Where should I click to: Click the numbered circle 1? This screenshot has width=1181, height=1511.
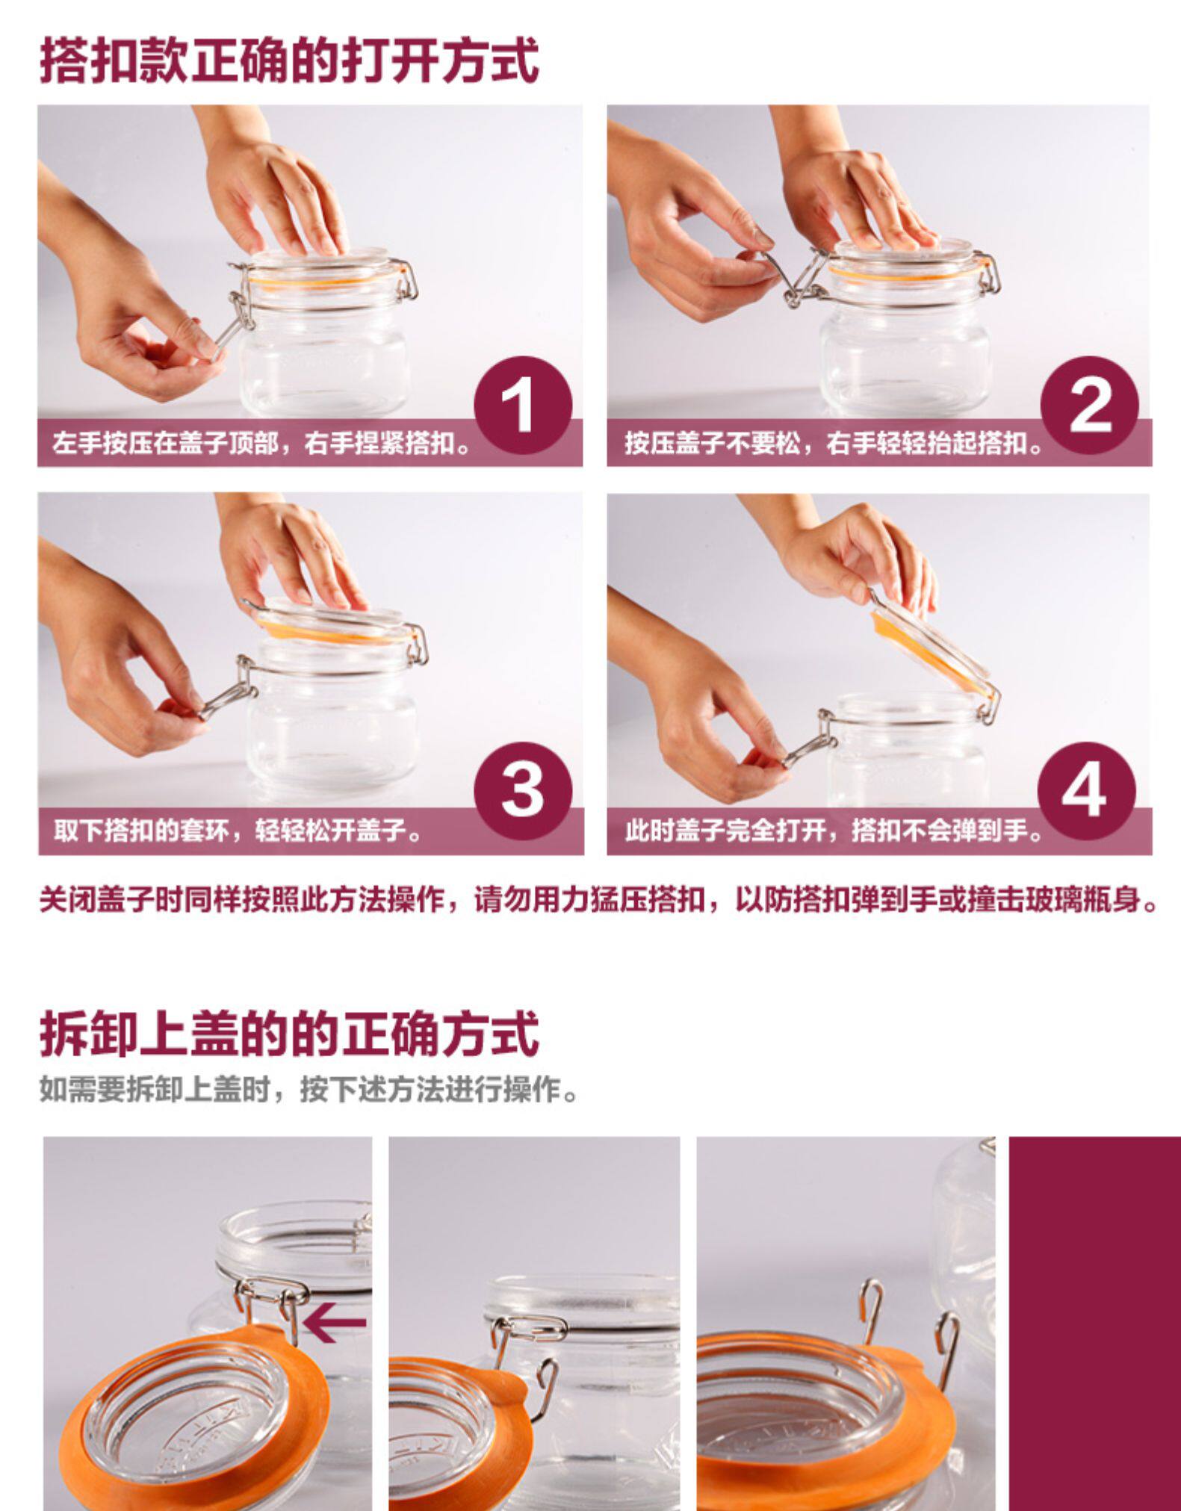522,406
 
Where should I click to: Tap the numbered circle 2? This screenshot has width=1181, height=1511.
1090,406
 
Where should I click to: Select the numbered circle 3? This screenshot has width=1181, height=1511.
523,791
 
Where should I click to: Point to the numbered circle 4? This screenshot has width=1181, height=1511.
1087,791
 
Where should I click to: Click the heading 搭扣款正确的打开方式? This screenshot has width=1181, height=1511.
289,60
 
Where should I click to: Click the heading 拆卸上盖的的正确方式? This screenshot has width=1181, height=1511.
289,1034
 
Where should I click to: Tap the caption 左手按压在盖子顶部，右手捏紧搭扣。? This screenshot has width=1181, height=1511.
262,444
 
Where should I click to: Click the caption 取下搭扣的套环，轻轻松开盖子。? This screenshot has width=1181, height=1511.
238,830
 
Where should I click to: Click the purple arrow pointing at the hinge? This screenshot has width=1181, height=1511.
335,1323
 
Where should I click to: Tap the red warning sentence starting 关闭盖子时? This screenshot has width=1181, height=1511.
598,899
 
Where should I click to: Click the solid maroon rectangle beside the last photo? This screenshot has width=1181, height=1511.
1094,1324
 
